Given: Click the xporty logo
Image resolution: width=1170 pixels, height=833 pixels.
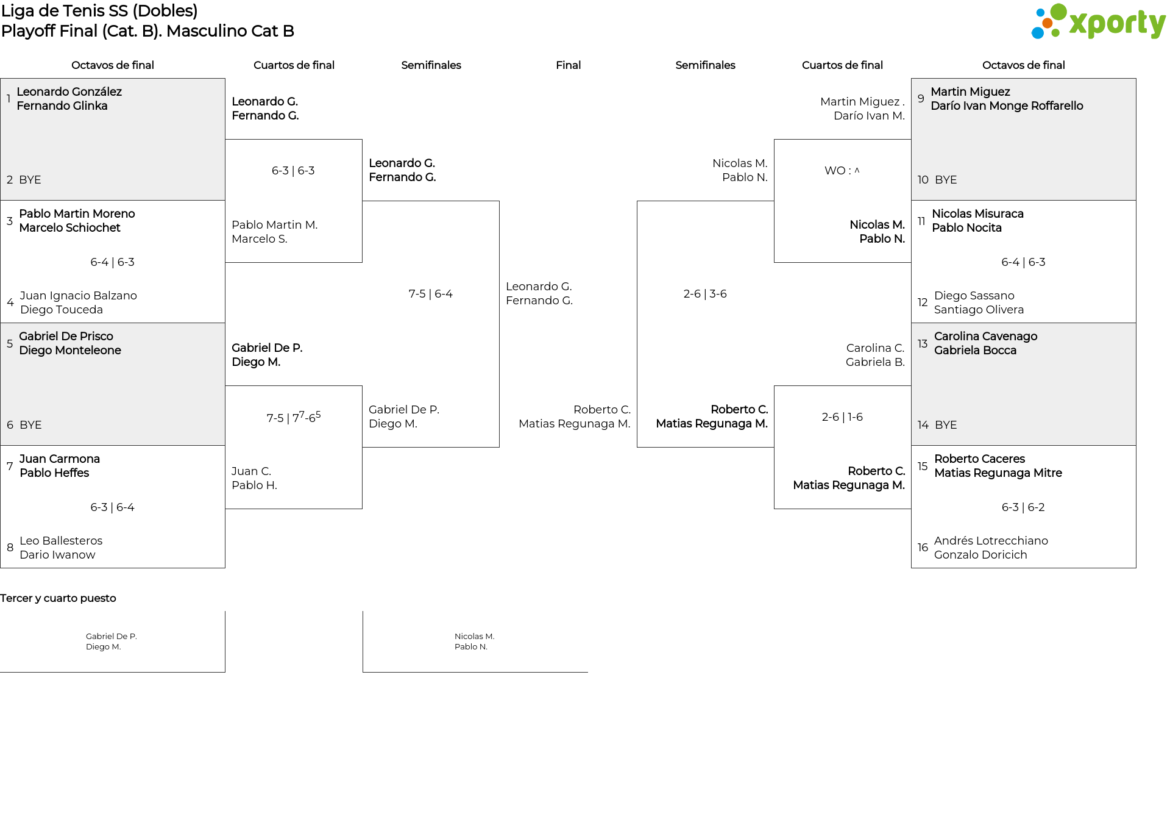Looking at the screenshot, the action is pyautogui.click(x=1098, y=22).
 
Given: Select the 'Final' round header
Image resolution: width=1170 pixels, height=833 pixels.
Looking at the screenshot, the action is pyautogui.click(x=568, y=65).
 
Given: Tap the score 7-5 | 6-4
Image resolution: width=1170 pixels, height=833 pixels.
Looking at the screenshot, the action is pyautogui.click(x=431, y=294).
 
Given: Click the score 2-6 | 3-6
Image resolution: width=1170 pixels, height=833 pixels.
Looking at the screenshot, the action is pyautogui.click(x=705, y=294).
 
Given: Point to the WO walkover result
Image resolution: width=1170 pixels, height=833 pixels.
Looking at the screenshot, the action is pyautogui.click(x=842, y=171).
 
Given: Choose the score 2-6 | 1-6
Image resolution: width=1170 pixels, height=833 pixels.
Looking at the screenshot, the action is pyautogui.click(x=842, y=417).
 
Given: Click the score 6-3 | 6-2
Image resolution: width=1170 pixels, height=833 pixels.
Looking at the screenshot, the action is pyautogui.click(x=1023, y=507).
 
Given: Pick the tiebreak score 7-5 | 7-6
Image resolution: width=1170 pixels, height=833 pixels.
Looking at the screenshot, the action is pyautogui.click(x=294, y=417).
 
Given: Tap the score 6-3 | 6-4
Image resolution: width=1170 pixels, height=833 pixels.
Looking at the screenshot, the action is pyautogui.click(x=112, y=507).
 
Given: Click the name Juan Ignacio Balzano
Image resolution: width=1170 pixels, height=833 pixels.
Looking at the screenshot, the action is pyautogui.click(x=79, y=296).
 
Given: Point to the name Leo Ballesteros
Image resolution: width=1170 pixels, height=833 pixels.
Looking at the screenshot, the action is pyautogui.click(x=61, y=541).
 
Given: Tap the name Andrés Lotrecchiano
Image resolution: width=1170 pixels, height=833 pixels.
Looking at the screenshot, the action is pyautogui.click(x=991, y=541).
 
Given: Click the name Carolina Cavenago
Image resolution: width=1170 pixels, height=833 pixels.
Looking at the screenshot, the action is pyautogui.click(x=985, y=337).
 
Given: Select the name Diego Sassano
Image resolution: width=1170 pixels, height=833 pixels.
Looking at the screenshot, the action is pyautogui.click(x=974, y=296).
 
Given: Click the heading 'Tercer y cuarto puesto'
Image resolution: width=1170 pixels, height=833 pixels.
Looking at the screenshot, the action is pyautogui.click(x=58, y=598).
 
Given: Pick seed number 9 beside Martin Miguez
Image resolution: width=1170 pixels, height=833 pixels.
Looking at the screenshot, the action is pyautogui.click(x=921, y=99).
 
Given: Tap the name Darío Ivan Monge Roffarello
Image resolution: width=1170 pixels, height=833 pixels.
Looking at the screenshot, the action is pyautogui.click(x=1007, y=106).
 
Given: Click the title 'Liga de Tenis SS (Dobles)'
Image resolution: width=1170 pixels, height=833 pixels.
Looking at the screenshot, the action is pyautogui.click(x=99, y=11).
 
